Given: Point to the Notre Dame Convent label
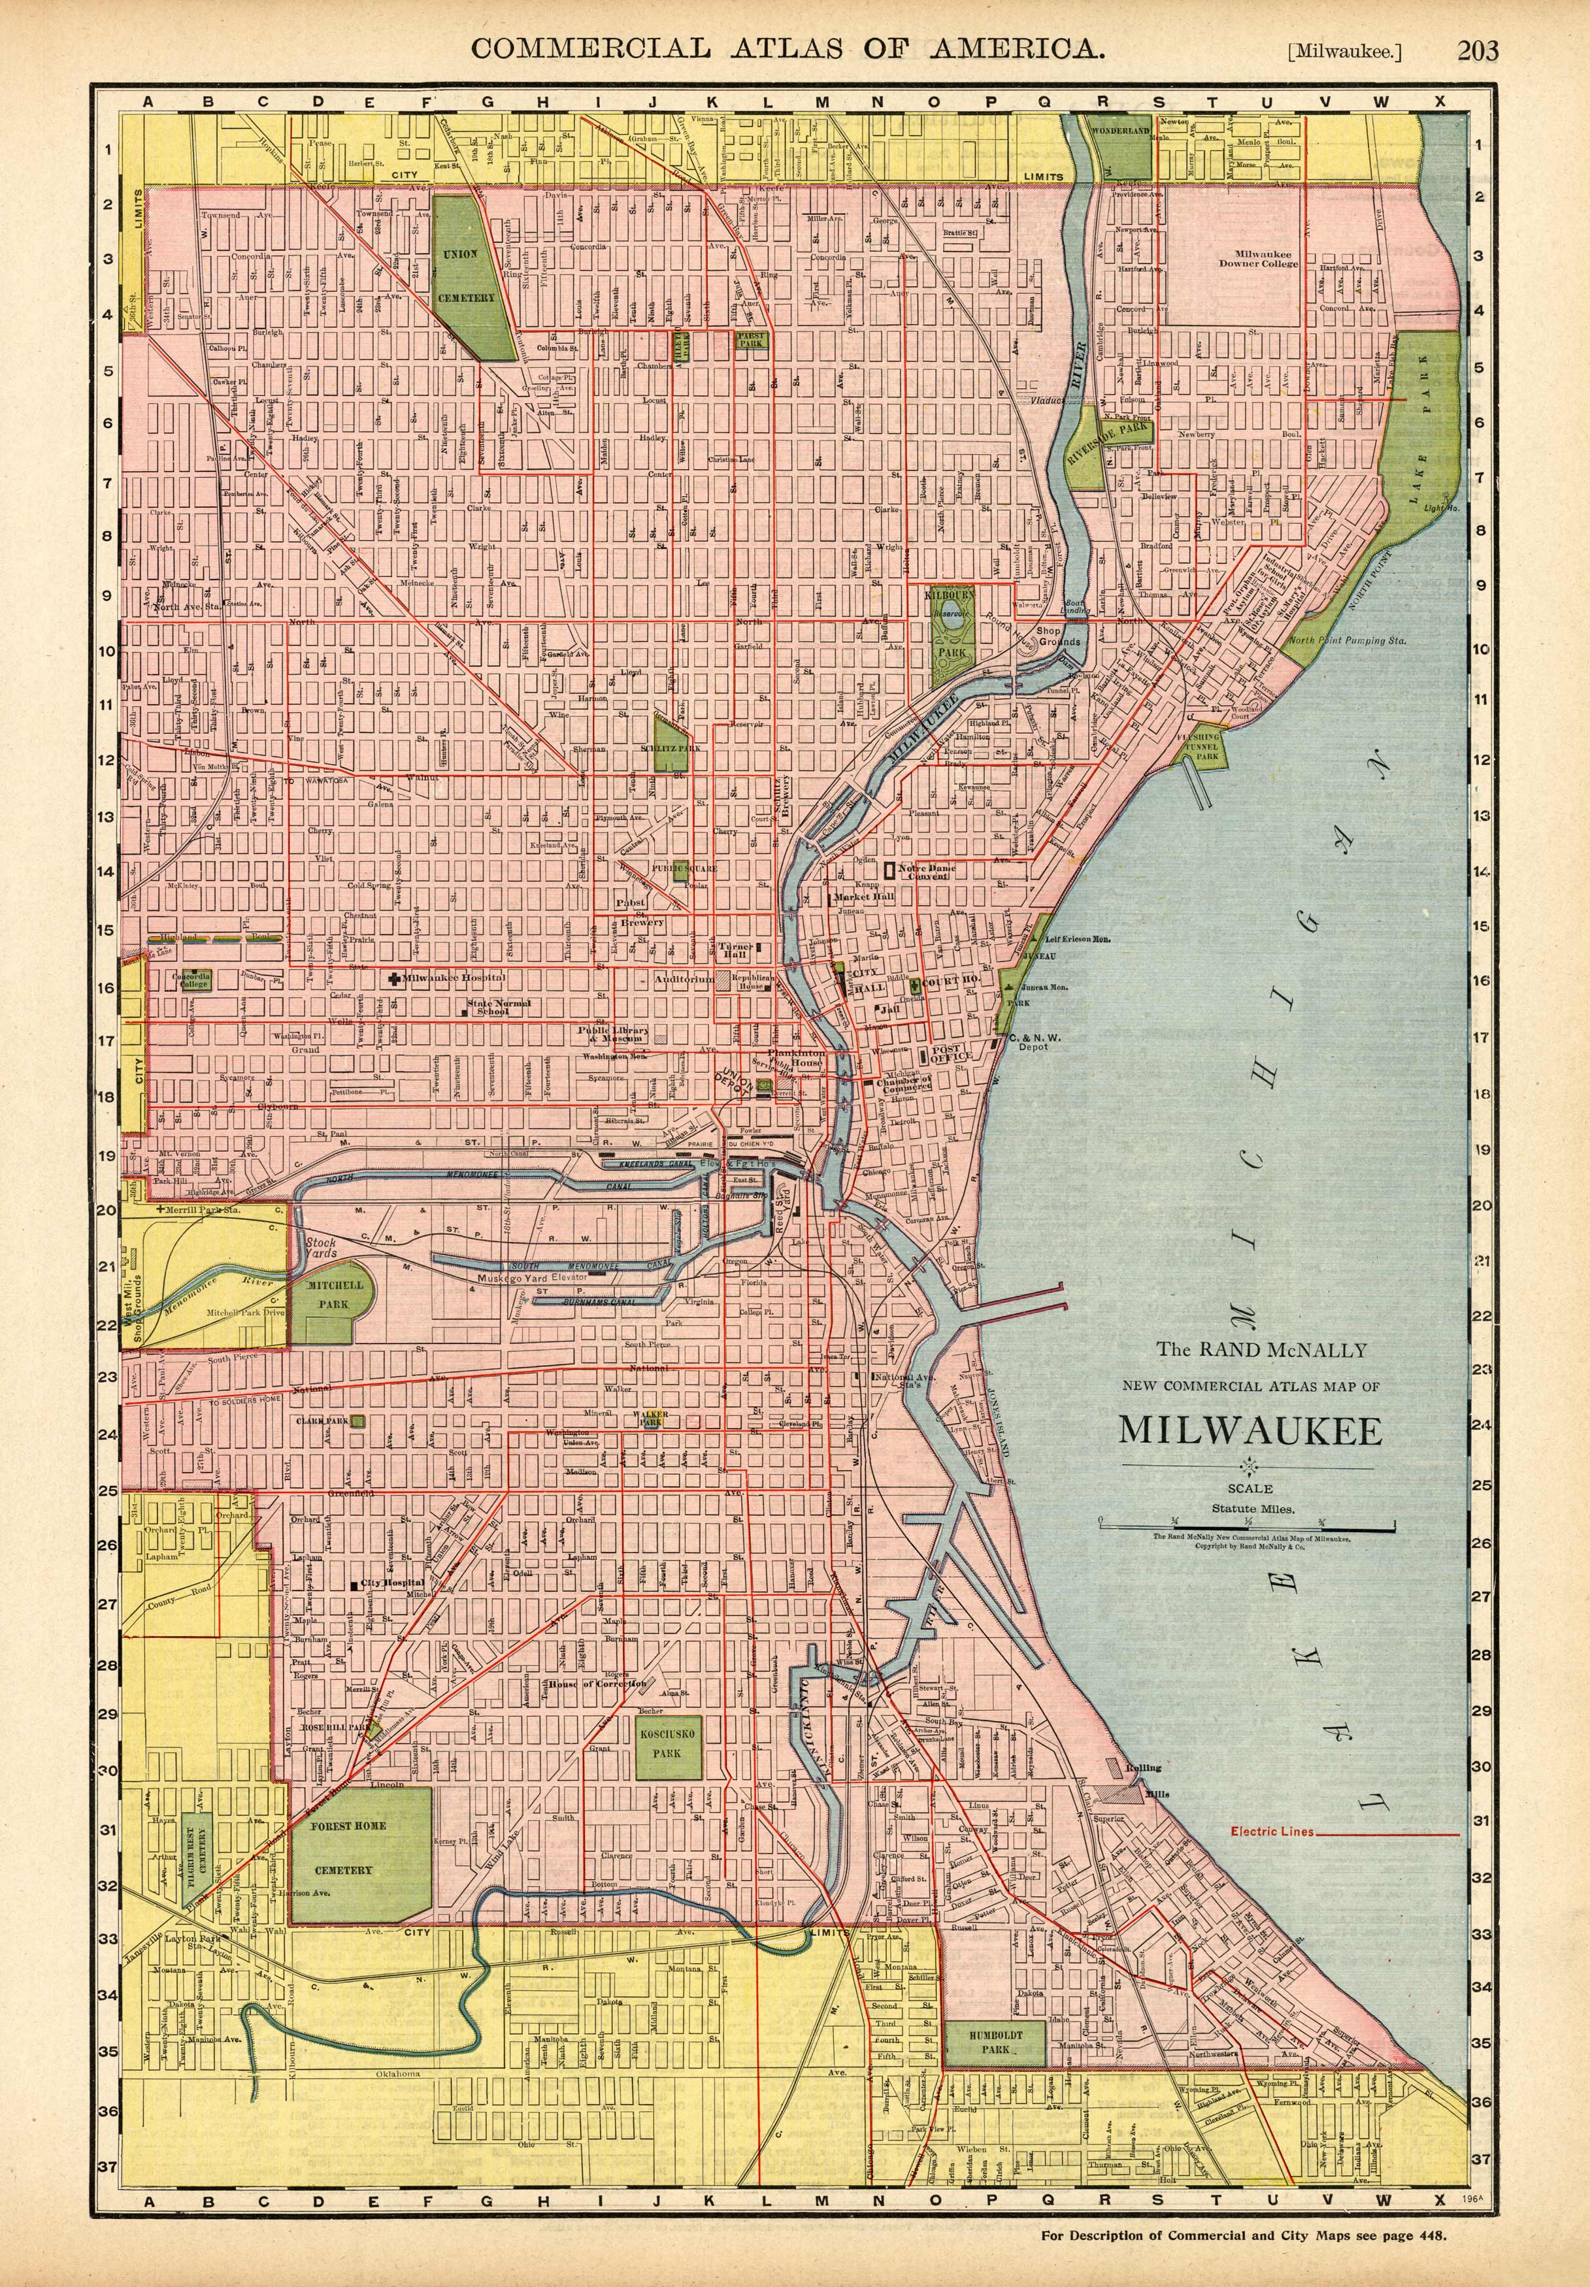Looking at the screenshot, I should pyautogui.click(x=927, y=872).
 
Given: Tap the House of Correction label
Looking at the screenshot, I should pyautogui.click(x=597, y=1683).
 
